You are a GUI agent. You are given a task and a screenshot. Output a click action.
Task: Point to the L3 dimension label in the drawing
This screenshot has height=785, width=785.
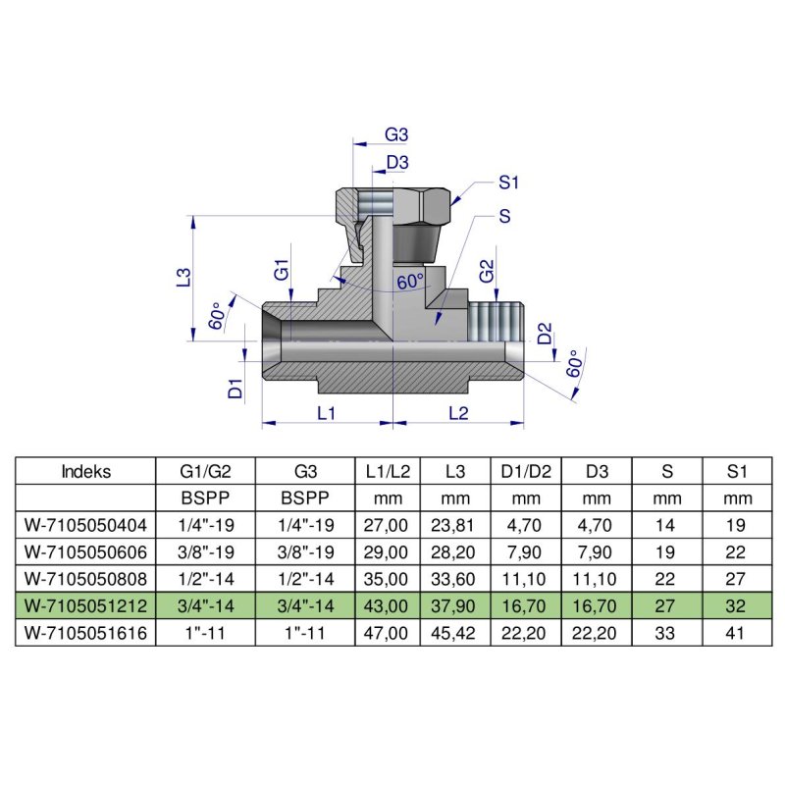(x=183, y=277)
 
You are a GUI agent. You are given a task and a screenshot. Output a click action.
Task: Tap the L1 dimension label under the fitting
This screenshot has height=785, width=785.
(x=327, y=413)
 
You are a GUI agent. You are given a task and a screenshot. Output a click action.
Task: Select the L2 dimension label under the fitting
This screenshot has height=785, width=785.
(x=457, y=413)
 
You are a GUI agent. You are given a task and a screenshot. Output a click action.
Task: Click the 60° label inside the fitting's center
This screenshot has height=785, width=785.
(x=410, y=282)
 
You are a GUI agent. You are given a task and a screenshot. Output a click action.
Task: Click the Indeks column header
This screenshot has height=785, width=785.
(x=86, y=471)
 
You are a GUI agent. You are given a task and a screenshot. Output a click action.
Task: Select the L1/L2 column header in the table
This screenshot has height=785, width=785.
(x=388, y=471)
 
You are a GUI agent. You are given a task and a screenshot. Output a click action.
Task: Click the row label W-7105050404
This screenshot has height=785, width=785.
(x=86, y=523)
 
